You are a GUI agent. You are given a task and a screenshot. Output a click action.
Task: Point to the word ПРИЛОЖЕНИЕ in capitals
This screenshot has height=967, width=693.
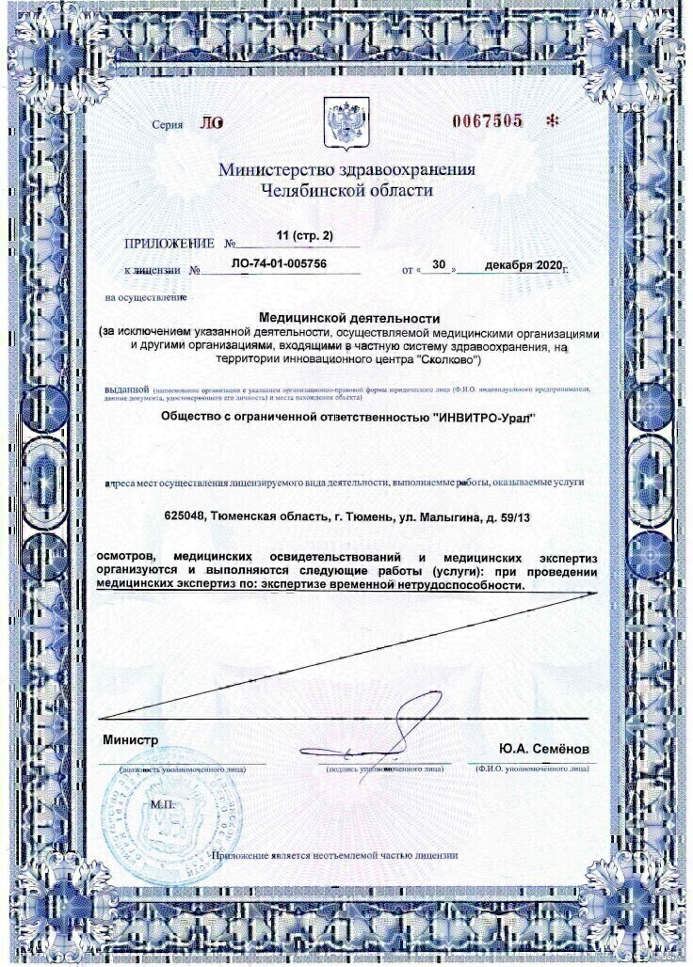166,244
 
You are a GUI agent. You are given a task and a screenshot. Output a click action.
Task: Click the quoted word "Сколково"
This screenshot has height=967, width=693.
449,358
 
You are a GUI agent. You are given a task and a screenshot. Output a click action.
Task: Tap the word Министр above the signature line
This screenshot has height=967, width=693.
130,740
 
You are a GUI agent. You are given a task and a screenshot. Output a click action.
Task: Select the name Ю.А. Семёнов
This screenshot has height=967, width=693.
544,748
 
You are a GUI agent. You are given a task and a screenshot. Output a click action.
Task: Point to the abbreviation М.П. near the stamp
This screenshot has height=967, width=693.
162,805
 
